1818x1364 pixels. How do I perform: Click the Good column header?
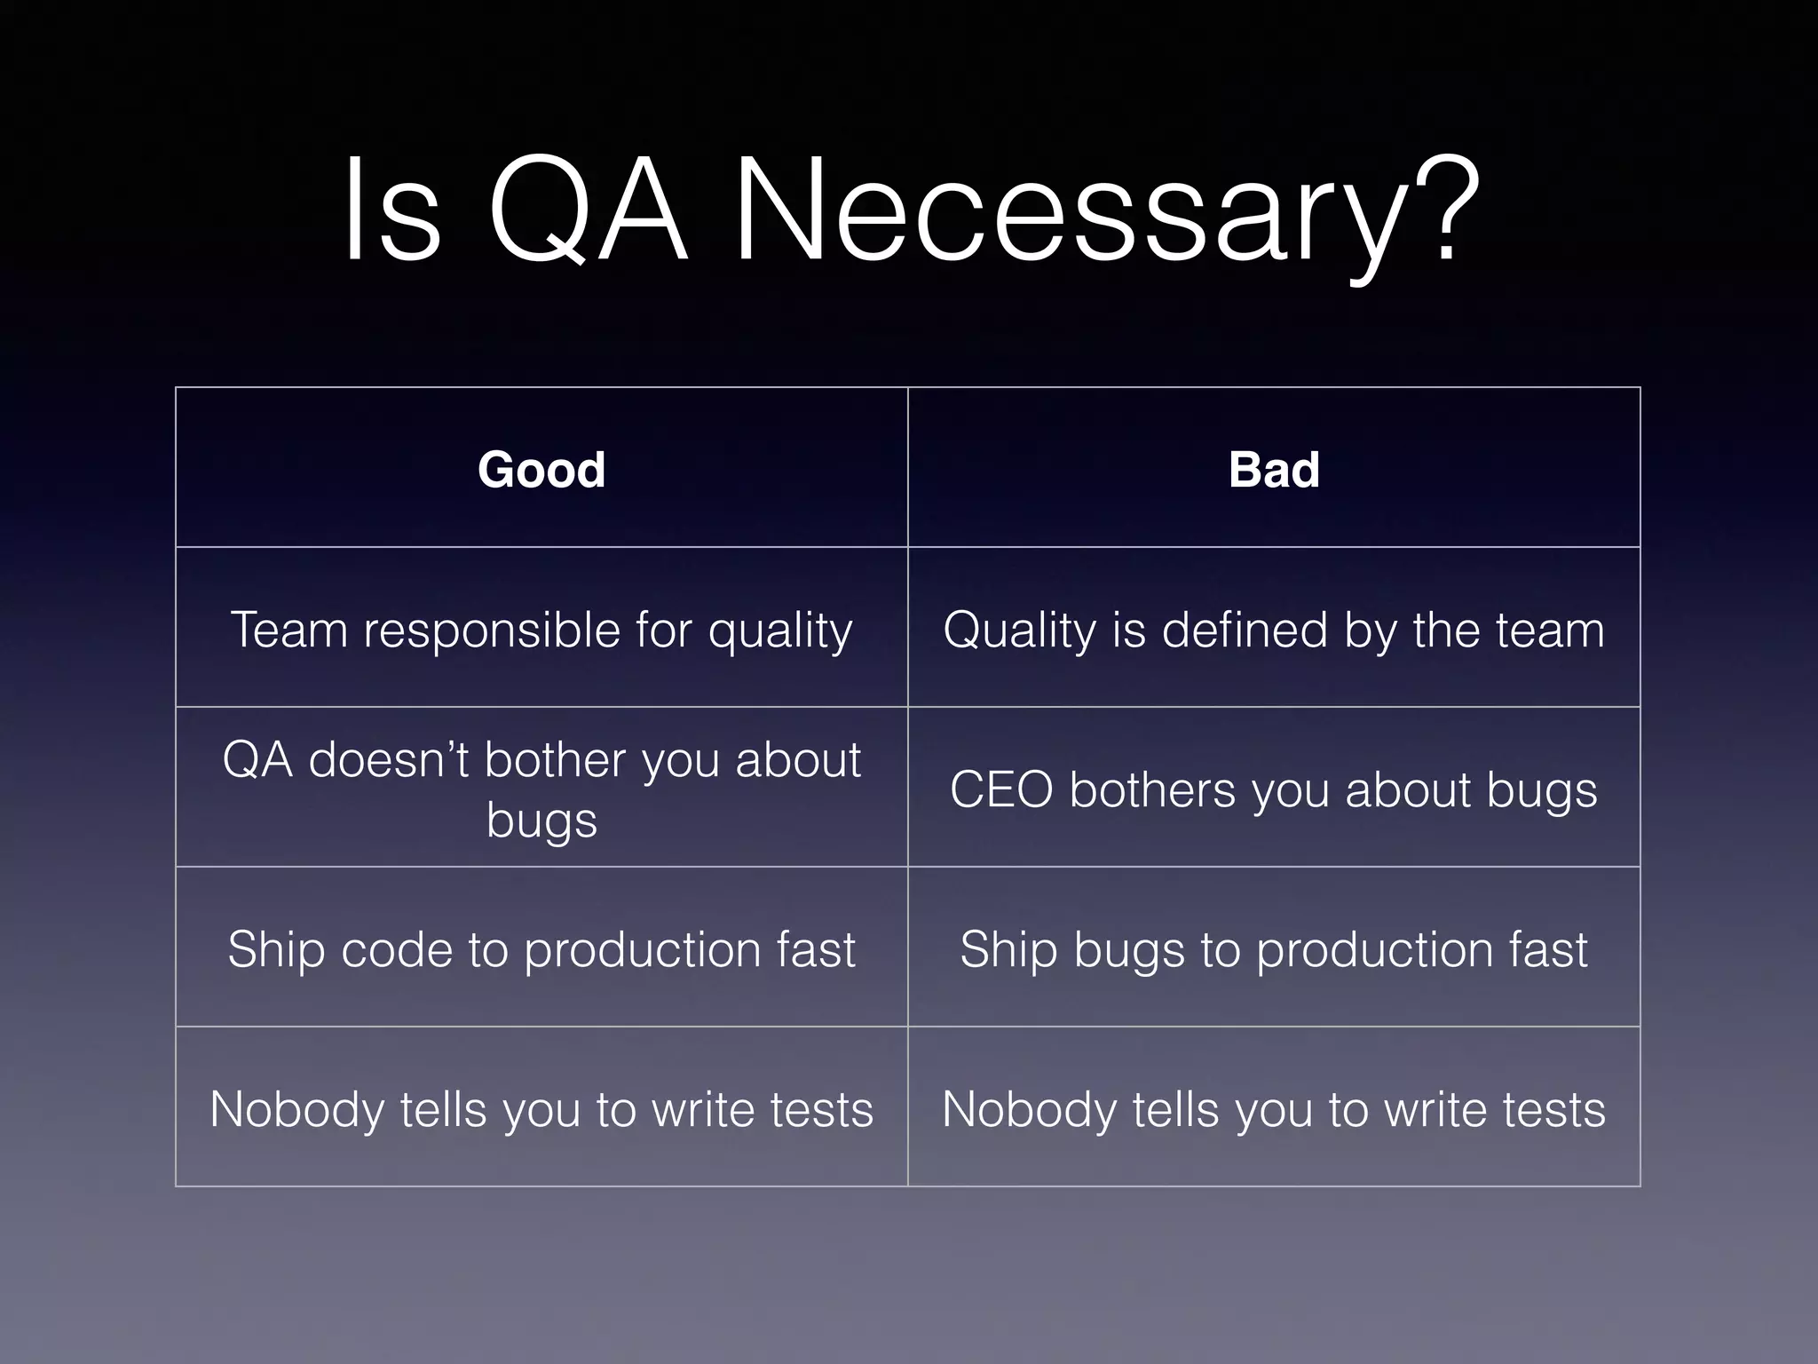click(541, 469)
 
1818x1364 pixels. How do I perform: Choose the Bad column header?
click(1274, 469)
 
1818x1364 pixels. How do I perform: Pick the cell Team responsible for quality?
click(541, 630)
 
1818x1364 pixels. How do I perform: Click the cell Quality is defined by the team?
click(1274, 630)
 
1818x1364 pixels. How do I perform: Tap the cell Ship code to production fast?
click(541, 949)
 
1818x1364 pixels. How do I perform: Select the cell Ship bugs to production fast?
click(1274, 949)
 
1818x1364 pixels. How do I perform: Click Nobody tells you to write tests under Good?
click(541, 1109)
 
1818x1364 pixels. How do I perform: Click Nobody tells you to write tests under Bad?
click(1274, 1109)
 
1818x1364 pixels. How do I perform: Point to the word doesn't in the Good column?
click(388, 760)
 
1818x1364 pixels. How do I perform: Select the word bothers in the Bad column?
click(1152, 789)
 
